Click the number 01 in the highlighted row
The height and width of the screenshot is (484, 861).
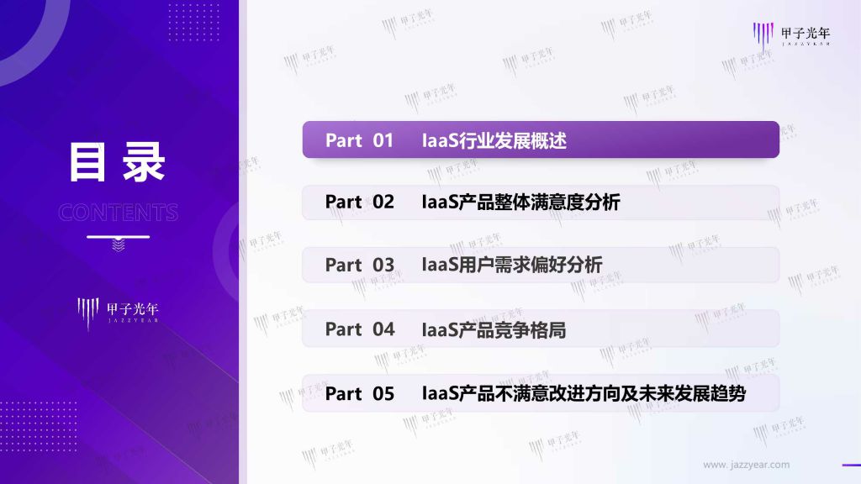(x=383, y=140)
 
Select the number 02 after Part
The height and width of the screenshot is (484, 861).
(x=383, y=202)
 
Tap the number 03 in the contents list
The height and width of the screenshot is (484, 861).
(x=383, y=265)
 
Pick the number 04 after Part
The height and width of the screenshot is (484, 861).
(x=383, y=329)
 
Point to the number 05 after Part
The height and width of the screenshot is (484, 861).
(x=383, y=393)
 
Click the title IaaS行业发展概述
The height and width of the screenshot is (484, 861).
(x=494, y=140)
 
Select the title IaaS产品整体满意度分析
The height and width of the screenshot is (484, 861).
(x=521, y=202)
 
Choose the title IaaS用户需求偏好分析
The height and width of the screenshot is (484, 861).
(x=512, y=265)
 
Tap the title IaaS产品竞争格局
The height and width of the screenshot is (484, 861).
(x=494, y=329)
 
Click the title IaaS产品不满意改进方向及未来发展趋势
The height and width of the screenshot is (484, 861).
(x=584, y=393)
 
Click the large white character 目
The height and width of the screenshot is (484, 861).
(x=87, y=162)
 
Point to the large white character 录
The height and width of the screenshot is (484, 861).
(x=144, y=162)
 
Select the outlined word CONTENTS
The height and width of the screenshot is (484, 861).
(x=118, y=213)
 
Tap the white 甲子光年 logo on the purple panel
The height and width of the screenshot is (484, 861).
(x=118, y=313)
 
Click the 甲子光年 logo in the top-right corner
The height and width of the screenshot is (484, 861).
(x=791, y=35)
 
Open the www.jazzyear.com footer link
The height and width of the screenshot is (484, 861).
(x=747, y=465)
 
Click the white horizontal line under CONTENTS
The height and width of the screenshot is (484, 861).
(x=118, y=237)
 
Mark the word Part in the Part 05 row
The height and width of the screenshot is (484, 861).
(x=344, y=393)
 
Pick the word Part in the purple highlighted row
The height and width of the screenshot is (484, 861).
(x=344, y=140)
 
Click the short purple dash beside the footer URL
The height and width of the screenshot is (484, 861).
(x=851, y=466)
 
